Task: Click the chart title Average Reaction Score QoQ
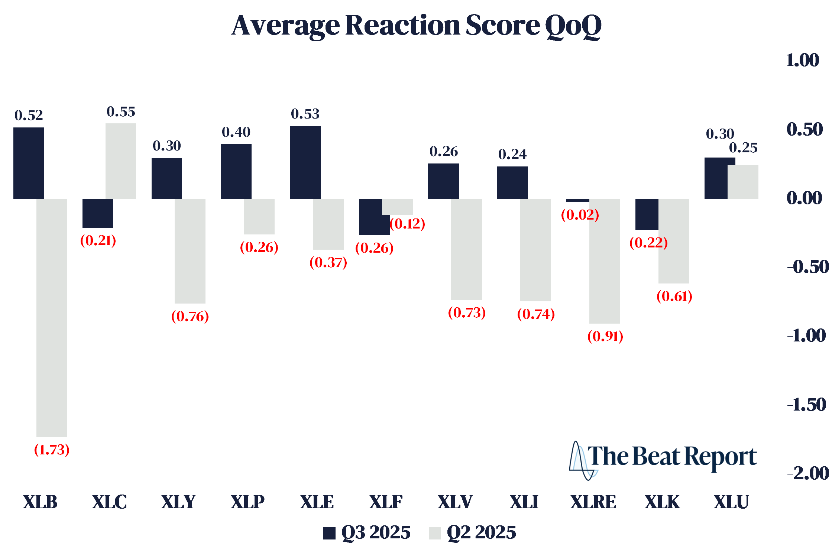(x=416, y=25)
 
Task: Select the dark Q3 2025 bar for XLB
(x=29, y=163)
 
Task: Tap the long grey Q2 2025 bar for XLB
(x=52, y=318)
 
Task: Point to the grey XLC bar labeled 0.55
(x=121, y=161)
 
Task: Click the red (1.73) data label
(x=52, y=450)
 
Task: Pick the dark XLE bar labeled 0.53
(x=305, y=162)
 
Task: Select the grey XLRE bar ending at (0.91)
(x=605, y=261)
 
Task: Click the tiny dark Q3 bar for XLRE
(x=577, y=201)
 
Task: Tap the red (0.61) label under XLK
(x=674, y=296)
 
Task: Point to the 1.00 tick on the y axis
(x=803, y=60)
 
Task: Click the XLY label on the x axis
(x=178, y=502)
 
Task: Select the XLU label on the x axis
(x=731, y=502)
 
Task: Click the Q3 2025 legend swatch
(x=329, y=533)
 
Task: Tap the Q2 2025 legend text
(x=481, y=532)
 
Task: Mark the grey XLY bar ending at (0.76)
(x=190, y=251)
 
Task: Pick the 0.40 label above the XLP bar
(x=236, y=132)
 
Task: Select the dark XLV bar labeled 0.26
(x=443, y=181)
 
